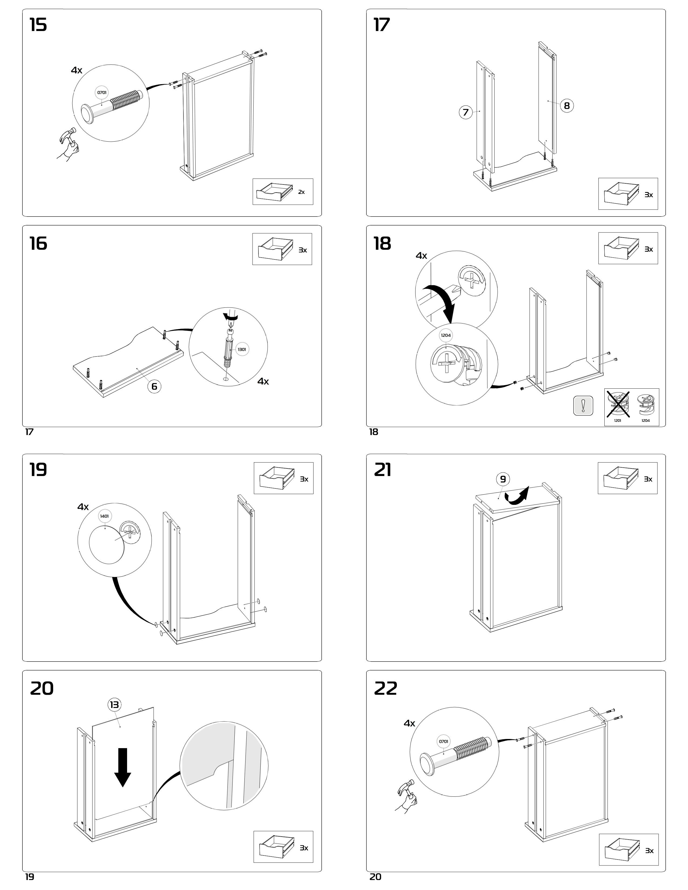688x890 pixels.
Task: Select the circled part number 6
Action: click(x=154, y=386)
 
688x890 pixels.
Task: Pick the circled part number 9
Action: click(x=503, y=479)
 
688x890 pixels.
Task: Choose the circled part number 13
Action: click(x=114, y=704)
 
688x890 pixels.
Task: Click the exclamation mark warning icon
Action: click(x=583, y=405)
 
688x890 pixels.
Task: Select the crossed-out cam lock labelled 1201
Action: click(x=618, y=405)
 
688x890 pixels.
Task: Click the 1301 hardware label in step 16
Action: click(x=242, y=349)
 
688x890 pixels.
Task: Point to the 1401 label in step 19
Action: click(x=104, y=516)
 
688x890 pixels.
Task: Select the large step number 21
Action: click(x=382, y=470)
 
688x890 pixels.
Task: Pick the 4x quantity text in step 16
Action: click(x=263, y=381)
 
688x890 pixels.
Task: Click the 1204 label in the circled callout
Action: click(x=446, y=336)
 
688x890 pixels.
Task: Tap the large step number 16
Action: click(x=38, y=244)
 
